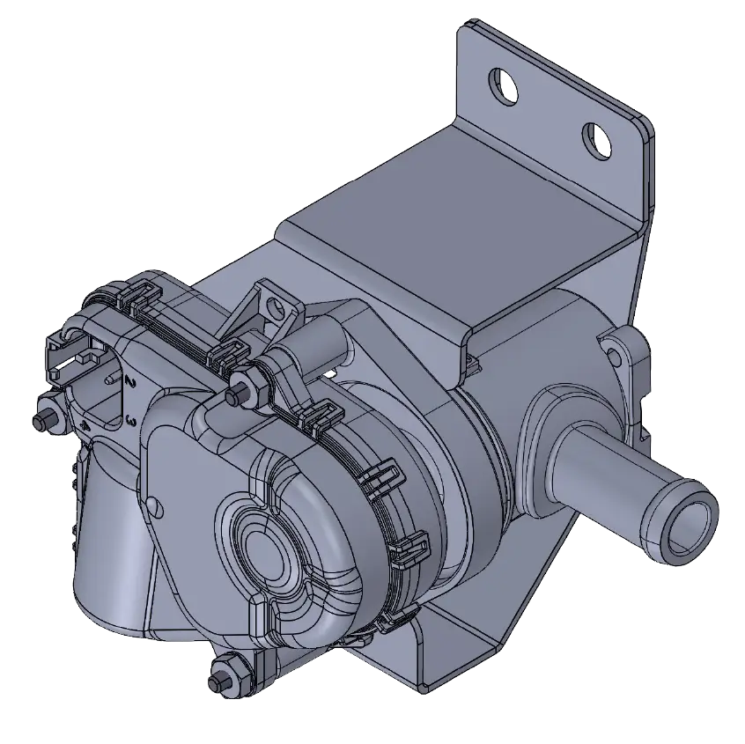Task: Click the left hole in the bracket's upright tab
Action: tap(505, 84)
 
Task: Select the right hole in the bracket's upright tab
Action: tap(598, 137)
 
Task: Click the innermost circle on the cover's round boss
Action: tap(263, 551)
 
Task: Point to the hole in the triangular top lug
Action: tap(277, 307)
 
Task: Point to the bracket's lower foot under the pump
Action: tap(458, 652)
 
